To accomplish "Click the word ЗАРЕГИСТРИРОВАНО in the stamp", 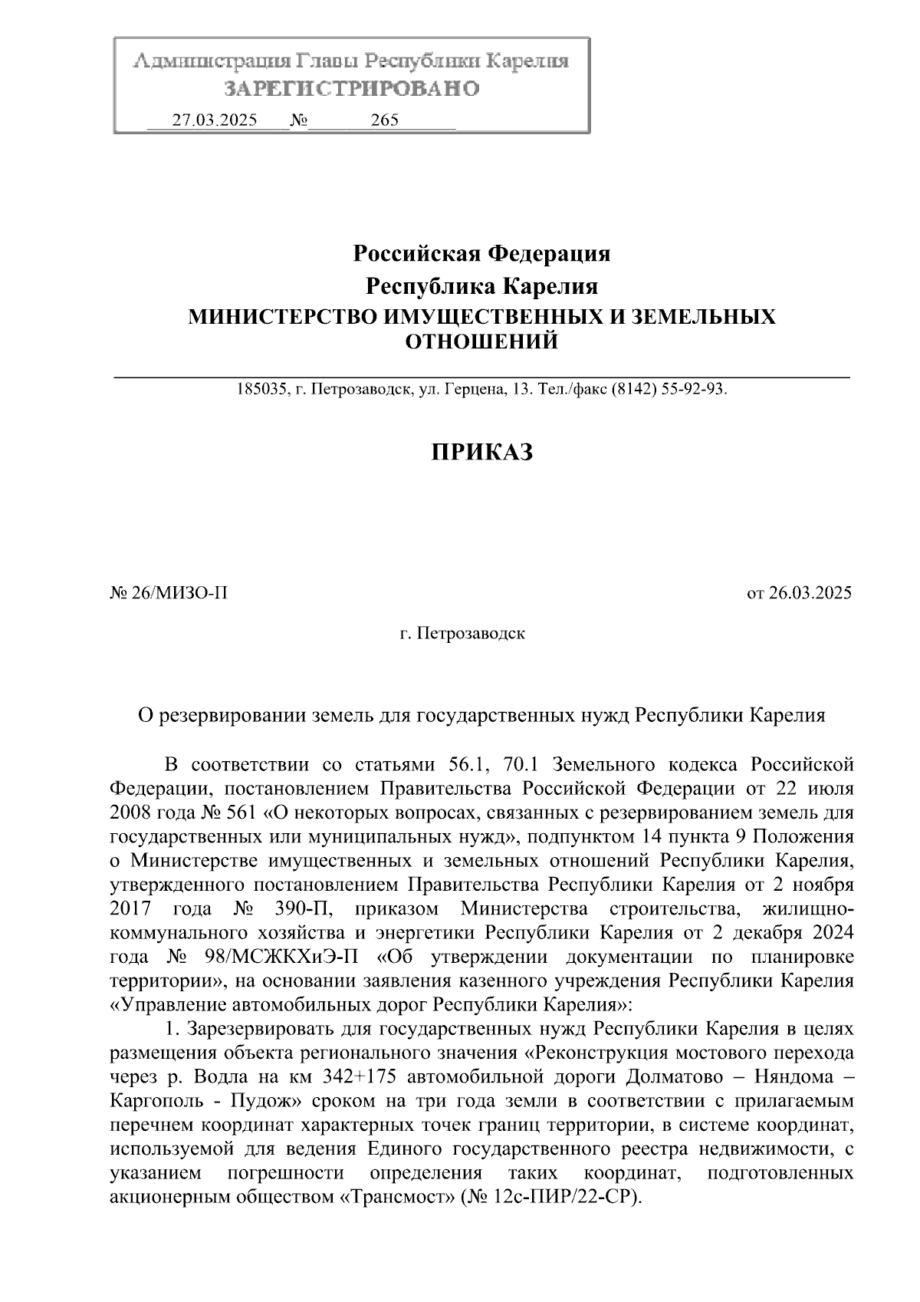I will pyautogui.click(x=351, y=89).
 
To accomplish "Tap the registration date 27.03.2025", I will pyautogui.click(x=214, y=120).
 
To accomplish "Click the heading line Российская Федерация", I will pyautogui.click(x=481, y=252).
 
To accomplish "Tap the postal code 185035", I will pyautogui.click(x=260, y=389).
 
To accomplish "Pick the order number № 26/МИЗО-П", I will pyautogui.click(x=169, y=593).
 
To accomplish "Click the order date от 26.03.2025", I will pyautogui.click(x=799, y=593).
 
